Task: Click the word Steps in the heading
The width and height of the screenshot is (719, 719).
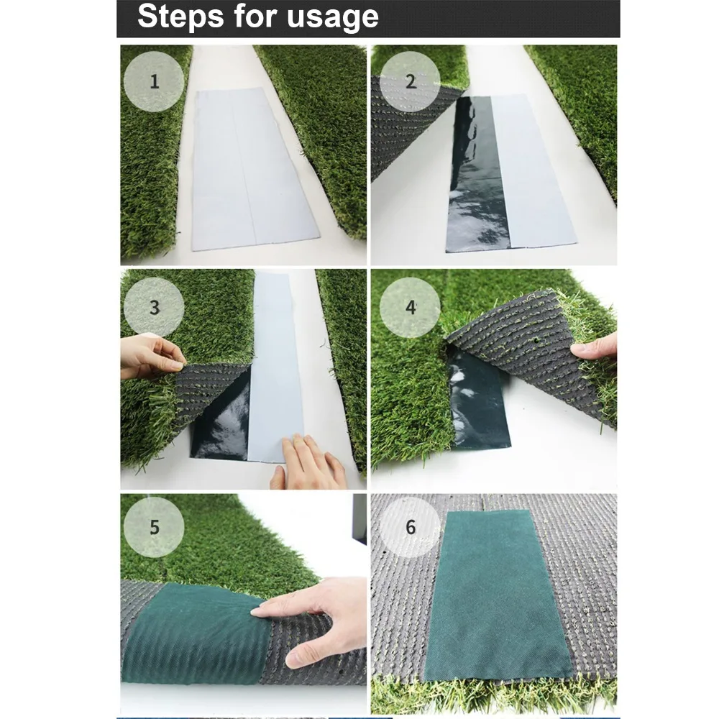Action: [182, 17]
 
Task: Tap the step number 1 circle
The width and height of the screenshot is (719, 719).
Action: [154, 82]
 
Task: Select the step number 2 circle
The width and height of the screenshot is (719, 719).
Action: [410, 82]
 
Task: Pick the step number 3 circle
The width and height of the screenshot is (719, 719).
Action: [154, 307]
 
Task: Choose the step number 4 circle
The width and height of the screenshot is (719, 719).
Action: [410, 307]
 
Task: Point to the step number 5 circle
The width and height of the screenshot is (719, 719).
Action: [154, 527]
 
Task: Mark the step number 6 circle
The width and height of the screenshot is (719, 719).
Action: [410, 527]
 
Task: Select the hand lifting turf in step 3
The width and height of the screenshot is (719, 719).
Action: [151, 356]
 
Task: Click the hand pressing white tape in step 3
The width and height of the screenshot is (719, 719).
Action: [306, 462]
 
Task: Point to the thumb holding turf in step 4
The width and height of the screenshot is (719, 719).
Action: [593, 347]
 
